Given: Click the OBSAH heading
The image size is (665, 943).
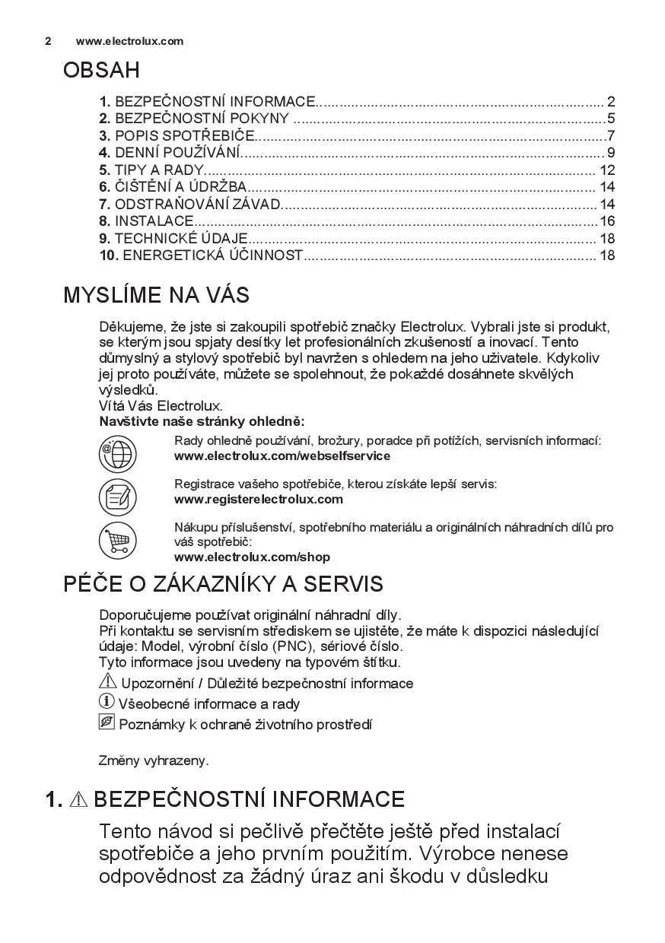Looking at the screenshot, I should click(x=101, y=71).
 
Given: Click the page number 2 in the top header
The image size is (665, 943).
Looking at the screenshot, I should click(x=48, y=41).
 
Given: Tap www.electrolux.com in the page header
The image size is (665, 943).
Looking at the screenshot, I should click(x=129, y=41).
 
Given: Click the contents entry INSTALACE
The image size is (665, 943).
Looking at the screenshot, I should click(x=154, y=221).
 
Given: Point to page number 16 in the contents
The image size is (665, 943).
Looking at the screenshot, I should click(x=606, y=221).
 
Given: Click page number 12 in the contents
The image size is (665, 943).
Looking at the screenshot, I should click(x=606, y=170).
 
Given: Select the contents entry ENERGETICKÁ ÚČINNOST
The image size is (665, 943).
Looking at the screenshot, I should click(x=212, y=256).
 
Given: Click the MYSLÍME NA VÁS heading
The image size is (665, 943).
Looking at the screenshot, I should click(x=156, y=295).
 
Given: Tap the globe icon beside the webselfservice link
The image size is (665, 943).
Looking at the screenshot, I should click(x=117, y=454).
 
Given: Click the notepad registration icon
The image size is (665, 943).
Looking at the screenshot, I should click(x=117, y=497).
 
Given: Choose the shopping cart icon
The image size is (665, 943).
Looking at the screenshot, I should click(x=117, y=541).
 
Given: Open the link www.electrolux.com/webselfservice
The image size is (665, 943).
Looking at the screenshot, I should click(x=282, y=456).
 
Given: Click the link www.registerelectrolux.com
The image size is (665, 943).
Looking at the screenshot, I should click(x=259, y=499).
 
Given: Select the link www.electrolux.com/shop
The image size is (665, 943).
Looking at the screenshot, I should click(x=252, y=557).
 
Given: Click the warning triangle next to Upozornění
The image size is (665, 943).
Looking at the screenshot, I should click(x=108, y=682).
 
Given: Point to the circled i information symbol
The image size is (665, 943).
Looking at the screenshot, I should click(x=107, y=702).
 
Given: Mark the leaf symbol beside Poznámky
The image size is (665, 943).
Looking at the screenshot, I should click(x=107, y=722).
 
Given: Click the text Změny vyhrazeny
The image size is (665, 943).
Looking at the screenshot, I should click(x=154, y=760).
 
